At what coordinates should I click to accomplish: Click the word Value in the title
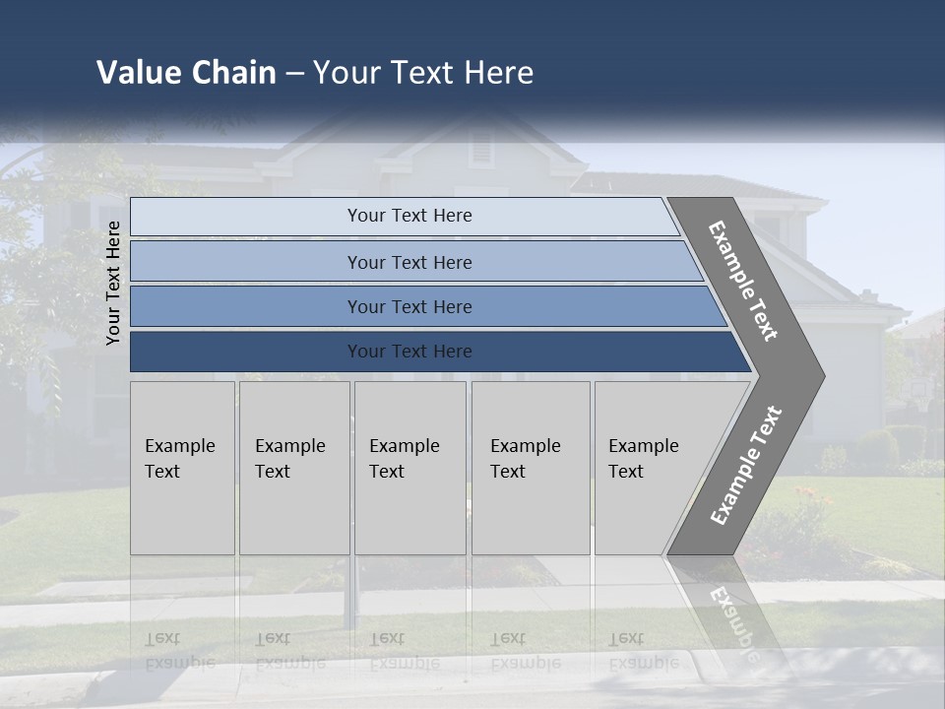tap(138, 73)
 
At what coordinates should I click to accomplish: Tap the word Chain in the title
tap(233, 73)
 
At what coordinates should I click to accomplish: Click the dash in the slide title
tap(294, 74)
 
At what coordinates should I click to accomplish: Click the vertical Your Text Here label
tap(113, 283)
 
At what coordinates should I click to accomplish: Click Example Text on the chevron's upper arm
tap(743, 281)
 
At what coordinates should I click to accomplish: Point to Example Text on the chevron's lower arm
tap(746, 466)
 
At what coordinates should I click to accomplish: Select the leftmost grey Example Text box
tap(182, 468)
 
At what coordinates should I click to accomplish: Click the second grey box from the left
tap(294, 468)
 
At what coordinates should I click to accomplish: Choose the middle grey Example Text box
tap(409, 468)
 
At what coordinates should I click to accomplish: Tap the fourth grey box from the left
tap(531, 468)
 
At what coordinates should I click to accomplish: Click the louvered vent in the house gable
tap(480, 149)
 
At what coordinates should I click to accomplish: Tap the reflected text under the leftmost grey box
tap(179, 651)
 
